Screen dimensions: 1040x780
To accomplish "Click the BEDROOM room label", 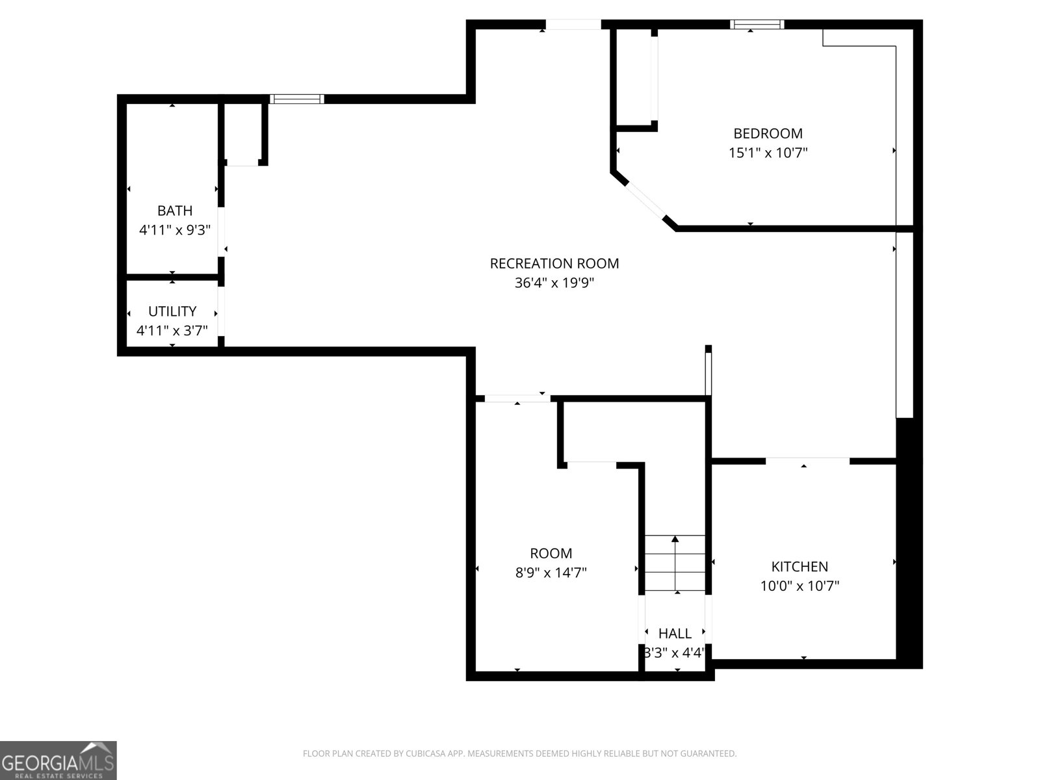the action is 768,133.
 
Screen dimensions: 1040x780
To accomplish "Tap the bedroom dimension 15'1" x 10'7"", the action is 768,153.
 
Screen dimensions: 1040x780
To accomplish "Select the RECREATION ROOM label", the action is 554,263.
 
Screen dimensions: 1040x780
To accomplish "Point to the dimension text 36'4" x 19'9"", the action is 554,283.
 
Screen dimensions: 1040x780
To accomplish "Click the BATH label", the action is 175,211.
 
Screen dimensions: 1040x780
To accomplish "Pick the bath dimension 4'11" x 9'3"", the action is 175,230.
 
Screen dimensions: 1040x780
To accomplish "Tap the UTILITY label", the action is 172,311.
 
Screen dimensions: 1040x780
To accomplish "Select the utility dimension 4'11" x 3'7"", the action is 172,331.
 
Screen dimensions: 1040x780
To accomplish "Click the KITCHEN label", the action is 799,566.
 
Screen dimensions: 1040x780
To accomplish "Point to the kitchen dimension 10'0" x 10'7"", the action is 799,586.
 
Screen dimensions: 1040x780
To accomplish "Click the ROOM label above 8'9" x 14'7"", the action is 551,553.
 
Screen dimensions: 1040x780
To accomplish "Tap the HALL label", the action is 675,633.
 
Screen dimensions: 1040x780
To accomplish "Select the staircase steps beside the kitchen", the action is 675,563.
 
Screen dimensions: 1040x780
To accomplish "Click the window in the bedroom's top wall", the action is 757,24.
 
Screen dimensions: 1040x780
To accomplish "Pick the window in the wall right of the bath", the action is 297,99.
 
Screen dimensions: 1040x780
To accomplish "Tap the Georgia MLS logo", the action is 58,760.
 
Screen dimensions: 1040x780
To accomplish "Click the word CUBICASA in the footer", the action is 425,753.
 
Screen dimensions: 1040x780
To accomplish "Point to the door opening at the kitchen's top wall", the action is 807,460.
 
